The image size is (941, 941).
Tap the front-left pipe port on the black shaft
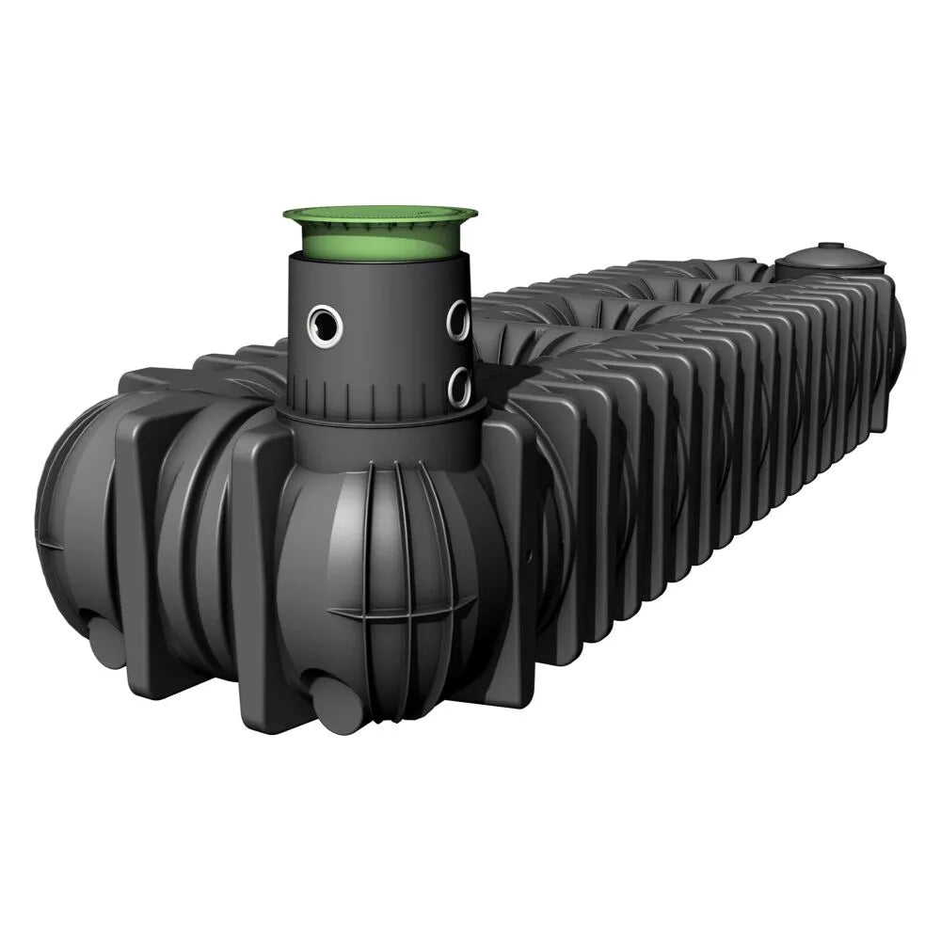(323, 323)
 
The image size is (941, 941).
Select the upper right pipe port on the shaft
(457, 320)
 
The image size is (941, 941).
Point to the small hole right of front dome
(529, 556)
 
